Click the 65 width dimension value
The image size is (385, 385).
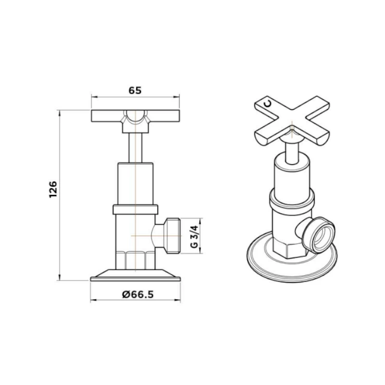[x=135, y=90]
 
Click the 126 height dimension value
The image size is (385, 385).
[x=53, y=190]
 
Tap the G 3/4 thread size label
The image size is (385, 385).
[x=193, y=237]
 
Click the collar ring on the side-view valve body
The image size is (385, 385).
[x=136, y=209]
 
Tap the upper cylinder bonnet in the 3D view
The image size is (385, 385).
[x=289, y=176]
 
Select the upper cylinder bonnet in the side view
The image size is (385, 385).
[x=136, y=183]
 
